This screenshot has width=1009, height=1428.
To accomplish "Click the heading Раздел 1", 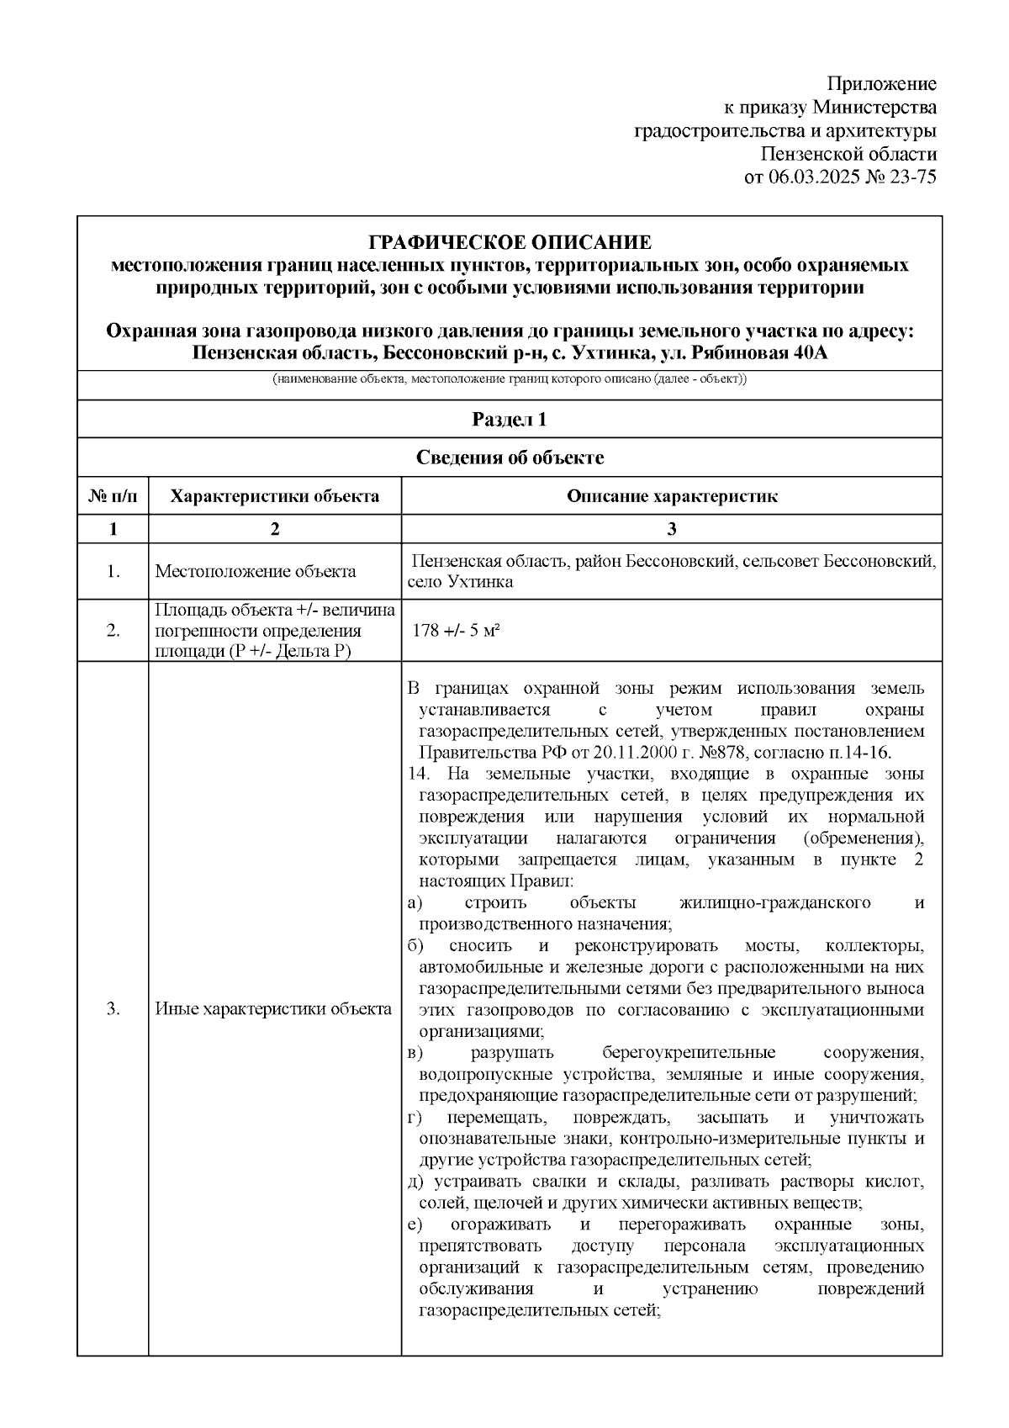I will [510, 420].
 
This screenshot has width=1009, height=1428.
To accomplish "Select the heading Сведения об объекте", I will [510, 457].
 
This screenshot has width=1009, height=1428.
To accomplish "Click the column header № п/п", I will [113, 496].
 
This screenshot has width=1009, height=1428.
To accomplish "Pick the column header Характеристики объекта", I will [274, 496].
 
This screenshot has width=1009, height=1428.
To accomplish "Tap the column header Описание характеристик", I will [671, 496].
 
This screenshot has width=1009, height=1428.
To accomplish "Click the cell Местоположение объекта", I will [256, 572].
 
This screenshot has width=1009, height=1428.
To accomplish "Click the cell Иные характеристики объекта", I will [274, 1009].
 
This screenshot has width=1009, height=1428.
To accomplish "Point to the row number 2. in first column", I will [113, 631].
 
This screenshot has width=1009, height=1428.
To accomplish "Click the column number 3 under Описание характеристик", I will [671, 529].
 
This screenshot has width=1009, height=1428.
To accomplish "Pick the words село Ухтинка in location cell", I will [460, 582].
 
